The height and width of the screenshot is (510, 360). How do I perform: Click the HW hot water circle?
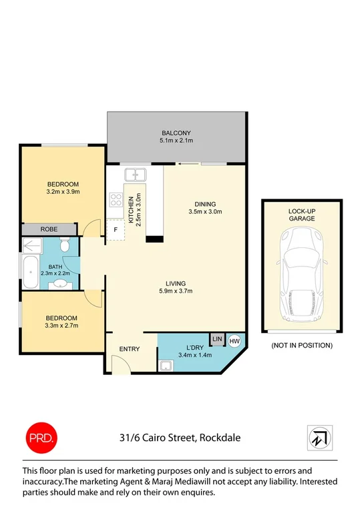point(234,341)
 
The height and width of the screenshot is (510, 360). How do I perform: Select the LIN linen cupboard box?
point(217,340)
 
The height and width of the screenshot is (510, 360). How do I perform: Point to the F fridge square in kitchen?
point(116,230)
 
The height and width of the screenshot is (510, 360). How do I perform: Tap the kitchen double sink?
point(138,175)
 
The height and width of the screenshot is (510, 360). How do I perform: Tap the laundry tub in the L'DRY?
point(166,365)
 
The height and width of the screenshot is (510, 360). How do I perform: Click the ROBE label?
point(49,229)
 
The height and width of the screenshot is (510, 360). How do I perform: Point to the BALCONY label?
point(176,132)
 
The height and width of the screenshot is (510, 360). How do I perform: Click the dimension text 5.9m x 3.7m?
point(176,291)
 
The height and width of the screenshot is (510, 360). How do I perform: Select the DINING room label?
point(204,204)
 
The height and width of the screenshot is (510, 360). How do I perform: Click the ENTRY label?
point(129,350)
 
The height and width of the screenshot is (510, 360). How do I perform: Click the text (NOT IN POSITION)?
point(301,346)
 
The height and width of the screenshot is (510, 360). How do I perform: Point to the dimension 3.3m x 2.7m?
point(61,327)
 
